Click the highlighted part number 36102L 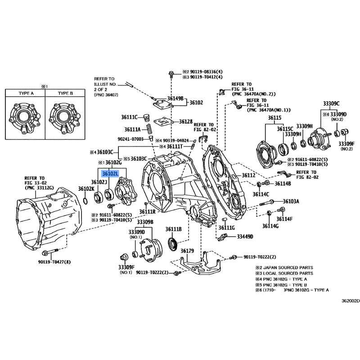click(110, 174)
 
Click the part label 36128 click(185, 121)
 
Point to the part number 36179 click(187, 251)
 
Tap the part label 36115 click(274, 118)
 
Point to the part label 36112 click(248, 175)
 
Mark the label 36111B click(173, 229)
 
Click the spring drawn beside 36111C click(146, 119)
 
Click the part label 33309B click(145, 222)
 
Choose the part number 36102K click(86, 189)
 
